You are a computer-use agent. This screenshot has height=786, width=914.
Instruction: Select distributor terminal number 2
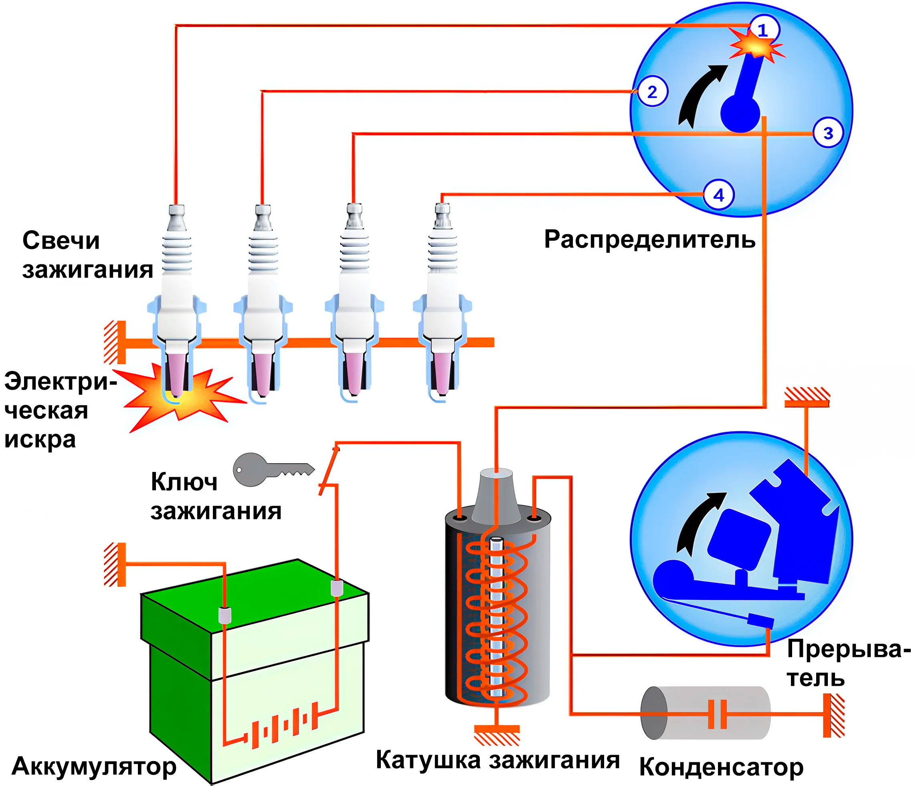pos(652,91)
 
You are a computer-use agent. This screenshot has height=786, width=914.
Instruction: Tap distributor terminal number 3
pos(828,133)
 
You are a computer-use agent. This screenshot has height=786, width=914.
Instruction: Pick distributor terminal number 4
pos(719,194)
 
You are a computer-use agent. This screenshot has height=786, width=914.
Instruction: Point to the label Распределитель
pos(650,240)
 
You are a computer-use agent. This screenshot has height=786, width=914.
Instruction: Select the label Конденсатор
pos(721,768)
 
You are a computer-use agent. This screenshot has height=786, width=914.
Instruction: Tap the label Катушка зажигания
pos(497,760)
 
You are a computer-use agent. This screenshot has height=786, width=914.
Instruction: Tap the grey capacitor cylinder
pos(706,713)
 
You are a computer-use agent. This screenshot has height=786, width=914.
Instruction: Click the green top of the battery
pos(255,596)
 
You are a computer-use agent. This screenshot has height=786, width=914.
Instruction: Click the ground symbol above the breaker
pos(807,397)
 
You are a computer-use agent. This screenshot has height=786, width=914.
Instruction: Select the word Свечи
pos(61,241)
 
